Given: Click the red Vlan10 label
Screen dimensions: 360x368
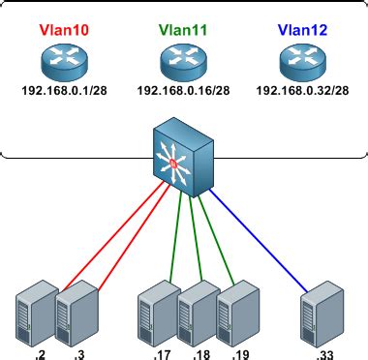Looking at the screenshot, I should [x=63, y=31].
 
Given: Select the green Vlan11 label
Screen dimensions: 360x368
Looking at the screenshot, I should [x=183, y=31].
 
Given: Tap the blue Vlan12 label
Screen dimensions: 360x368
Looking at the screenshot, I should [x=302, y=31].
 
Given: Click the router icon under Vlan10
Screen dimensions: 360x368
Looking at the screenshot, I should [x=63, y=64].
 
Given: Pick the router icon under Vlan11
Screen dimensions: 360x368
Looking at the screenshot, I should [x=183, y=64].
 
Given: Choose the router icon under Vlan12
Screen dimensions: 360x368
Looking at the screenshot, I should [x=302, y=64].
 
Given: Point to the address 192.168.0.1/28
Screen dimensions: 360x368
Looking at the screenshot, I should [x=63, y=92].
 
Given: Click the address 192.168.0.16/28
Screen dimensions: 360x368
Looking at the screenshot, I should [x=183, y=92].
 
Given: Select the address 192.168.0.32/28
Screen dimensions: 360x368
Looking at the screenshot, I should [x=302, y=92].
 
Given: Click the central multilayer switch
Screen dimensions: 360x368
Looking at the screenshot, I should [x=183, y=156].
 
